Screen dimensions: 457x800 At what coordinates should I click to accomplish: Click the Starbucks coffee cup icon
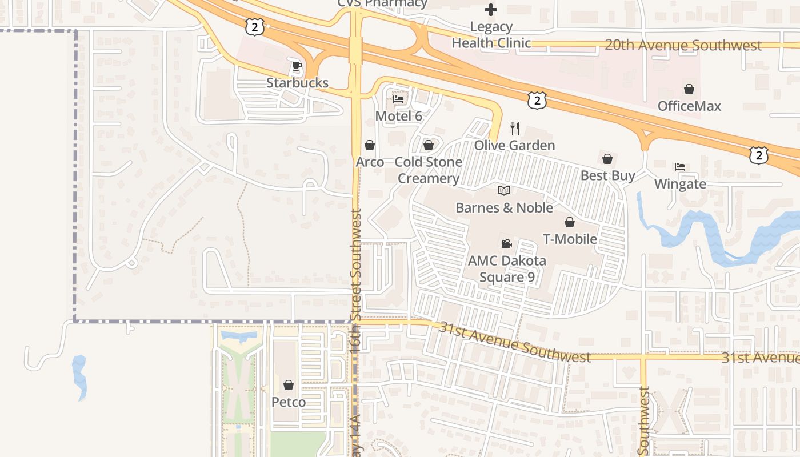297,66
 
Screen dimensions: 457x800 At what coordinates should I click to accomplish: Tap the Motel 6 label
398,116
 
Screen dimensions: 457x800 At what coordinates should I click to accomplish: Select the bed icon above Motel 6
398,99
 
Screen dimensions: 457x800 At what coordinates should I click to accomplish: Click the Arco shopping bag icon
370,145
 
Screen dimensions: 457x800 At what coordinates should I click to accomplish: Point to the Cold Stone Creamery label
429,170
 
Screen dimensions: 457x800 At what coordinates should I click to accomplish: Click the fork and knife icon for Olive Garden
515,128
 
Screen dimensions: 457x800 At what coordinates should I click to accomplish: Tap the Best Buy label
607,175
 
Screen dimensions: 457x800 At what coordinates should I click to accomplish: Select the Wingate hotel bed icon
679,167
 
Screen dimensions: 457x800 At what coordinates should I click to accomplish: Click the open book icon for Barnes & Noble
503,190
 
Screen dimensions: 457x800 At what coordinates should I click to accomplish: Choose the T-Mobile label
570,239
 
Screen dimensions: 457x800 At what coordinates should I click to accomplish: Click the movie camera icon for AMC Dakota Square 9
506,244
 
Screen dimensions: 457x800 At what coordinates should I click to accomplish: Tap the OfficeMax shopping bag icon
689,89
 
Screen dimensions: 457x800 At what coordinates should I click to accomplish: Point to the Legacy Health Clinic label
491,35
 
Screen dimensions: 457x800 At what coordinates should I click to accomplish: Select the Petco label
288,402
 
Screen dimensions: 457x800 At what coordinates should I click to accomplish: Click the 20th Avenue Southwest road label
683,45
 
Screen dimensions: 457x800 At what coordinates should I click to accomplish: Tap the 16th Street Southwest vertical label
356,280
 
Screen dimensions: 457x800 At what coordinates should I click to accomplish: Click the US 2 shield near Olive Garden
537,101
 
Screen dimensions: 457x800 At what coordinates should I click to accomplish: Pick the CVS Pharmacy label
382,3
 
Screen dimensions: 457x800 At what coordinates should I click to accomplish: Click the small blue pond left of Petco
80,377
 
